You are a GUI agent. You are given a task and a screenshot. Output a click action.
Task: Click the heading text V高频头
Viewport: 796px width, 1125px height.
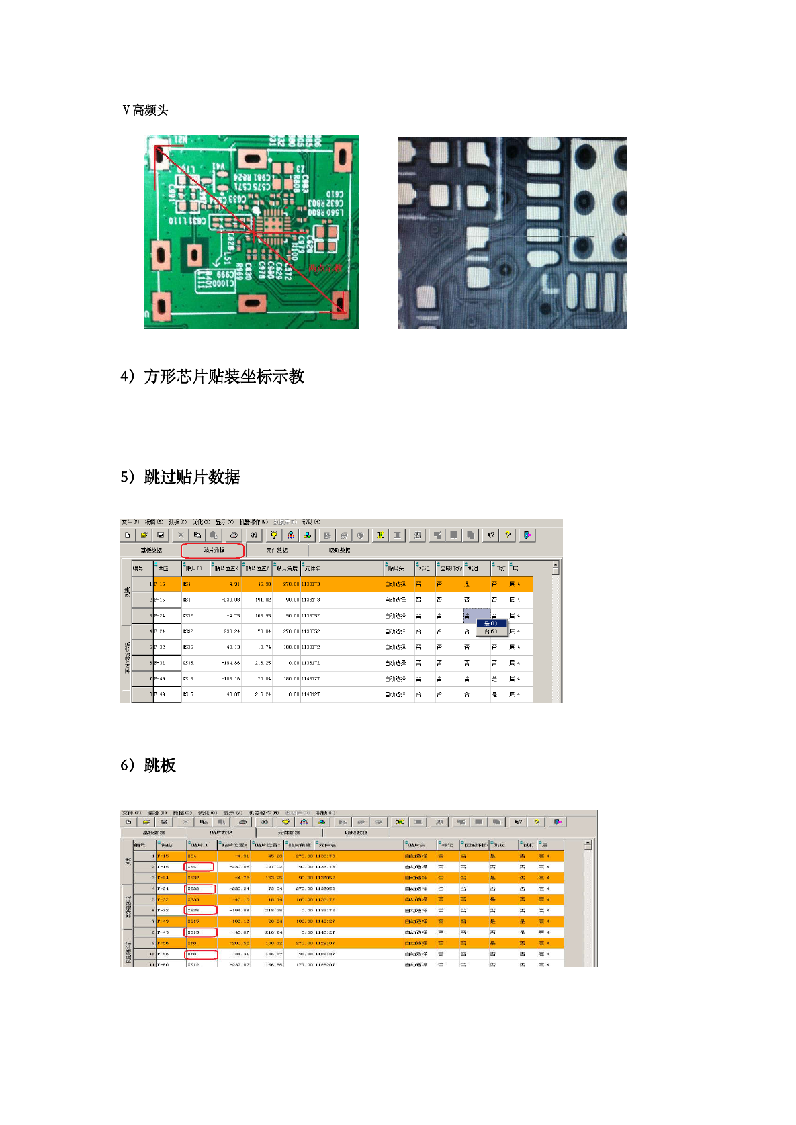[145, 110]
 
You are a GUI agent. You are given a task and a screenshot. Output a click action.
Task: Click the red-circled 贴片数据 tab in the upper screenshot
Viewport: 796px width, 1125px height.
[213, 550]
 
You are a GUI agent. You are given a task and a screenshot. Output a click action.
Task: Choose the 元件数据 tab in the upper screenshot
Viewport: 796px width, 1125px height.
[277, 550]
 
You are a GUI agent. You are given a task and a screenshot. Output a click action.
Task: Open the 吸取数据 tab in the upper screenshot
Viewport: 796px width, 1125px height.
[339, 550]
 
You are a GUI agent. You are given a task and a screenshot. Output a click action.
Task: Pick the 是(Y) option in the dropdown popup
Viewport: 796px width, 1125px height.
[490, 623]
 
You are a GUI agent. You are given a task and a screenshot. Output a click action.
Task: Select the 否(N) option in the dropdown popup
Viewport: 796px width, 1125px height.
[490, 631]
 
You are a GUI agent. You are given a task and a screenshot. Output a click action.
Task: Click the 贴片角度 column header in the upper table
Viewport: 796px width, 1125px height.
[287, 568]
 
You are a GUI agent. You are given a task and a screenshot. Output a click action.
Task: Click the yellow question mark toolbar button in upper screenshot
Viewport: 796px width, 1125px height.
[508, 535]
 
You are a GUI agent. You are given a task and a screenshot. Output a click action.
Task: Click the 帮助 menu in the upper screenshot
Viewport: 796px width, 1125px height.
[311, 522]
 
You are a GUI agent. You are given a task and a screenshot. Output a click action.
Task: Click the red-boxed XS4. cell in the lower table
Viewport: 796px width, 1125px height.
[199, 867]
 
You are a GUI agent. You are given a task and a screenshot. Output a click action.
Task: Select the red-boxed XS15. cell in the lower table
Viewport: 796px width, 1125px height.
[200, 932]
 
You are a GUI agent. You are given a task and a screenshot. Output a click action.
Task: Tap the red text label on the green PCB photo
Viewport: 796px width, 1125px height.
[325, 268]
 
